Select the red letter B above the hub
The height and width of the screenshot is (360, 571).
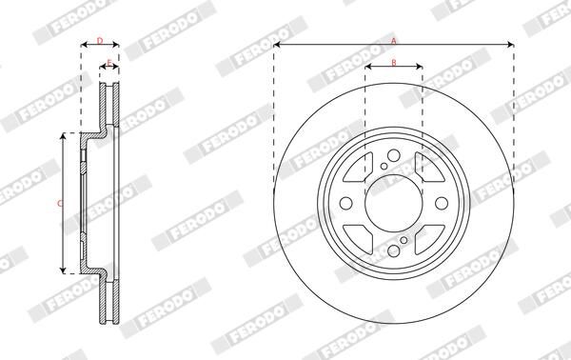(x=394, y=62)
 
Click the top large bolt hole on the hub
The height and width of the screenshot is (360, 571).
(x=394, y=155)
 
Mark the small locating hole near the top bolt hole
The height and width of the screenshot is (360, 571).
(x=383, y=168)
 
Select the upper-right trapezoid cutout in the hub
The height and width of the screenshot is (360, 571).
(x=429, y=170)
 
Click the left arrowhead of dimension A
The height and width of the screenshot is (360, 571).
(x=277, y=46)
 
